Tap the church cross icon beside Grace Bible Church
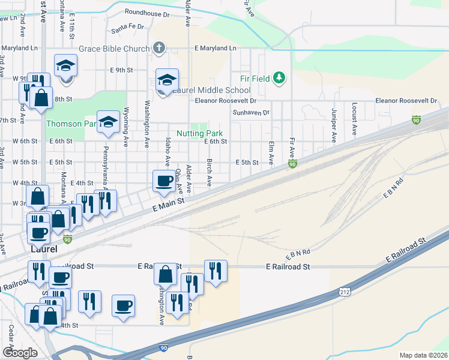[159, 47]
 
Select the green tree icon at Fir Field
[279, 77]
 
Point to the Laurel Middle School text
[207, 90]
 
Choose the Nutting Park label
[199, 133]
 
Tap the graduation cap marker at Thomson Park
[108, 121]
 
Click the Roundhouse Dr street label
[148, 11]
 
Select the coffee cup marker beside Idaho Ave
[164, 181]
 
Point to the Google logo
[19, 353]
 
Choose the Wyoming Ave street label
[126, 120]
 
